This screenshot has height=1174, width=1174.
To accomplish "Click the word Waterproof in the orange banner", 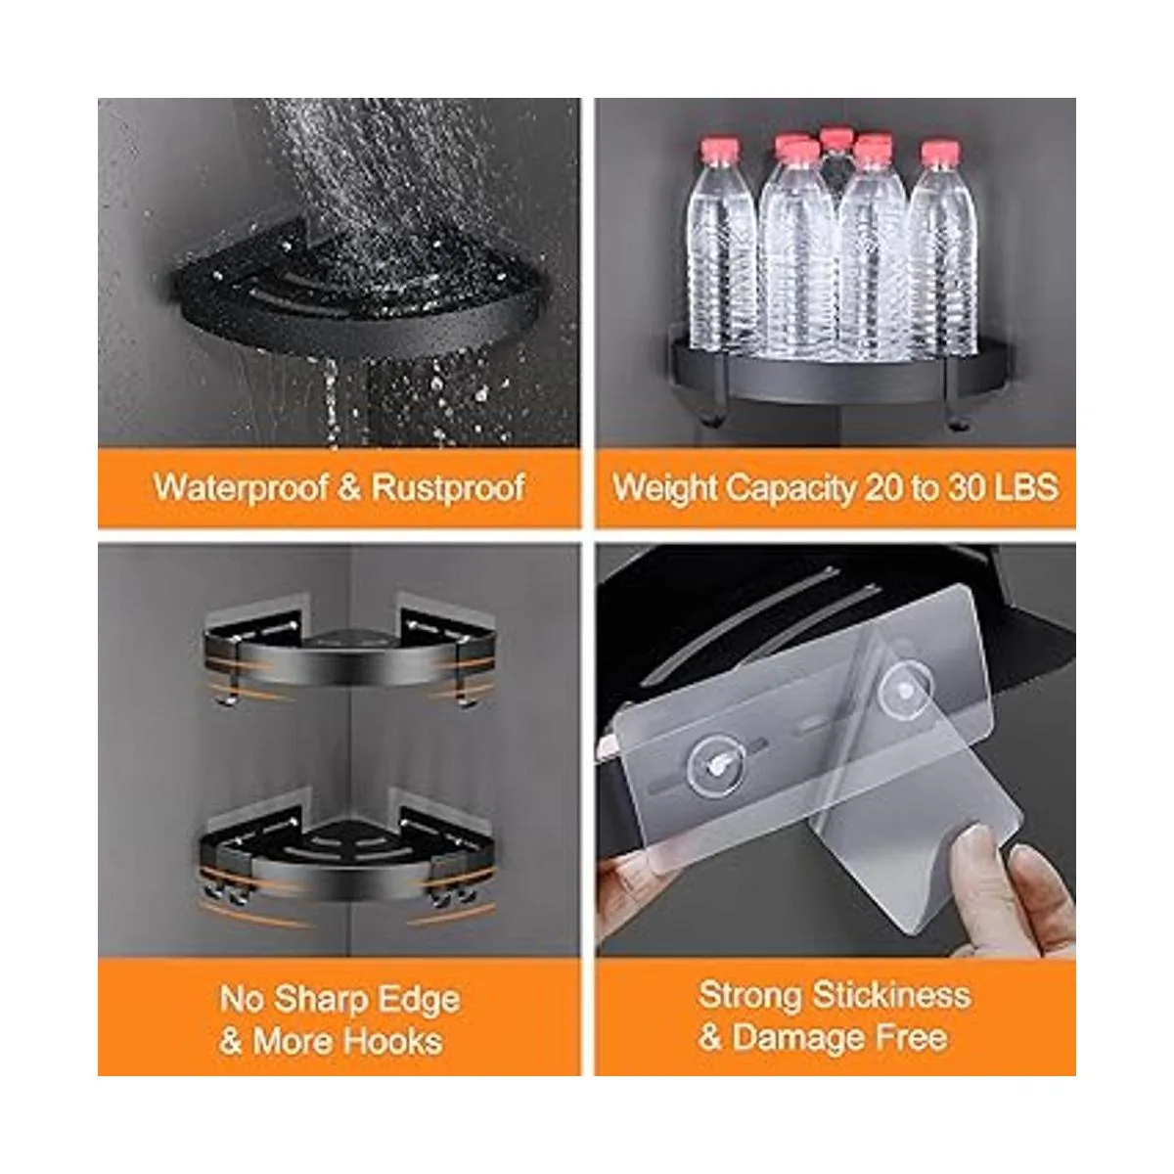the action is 241,488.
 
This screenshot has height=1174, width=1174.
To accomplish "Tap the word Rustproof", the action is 448,488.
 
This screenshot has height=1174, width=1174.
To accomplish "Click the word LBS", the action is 1029,487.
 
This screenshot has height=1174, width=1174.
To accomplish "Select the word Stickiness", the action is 892,996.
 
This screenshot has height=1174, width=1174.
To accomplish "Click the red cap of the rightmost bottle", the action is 940,152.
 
